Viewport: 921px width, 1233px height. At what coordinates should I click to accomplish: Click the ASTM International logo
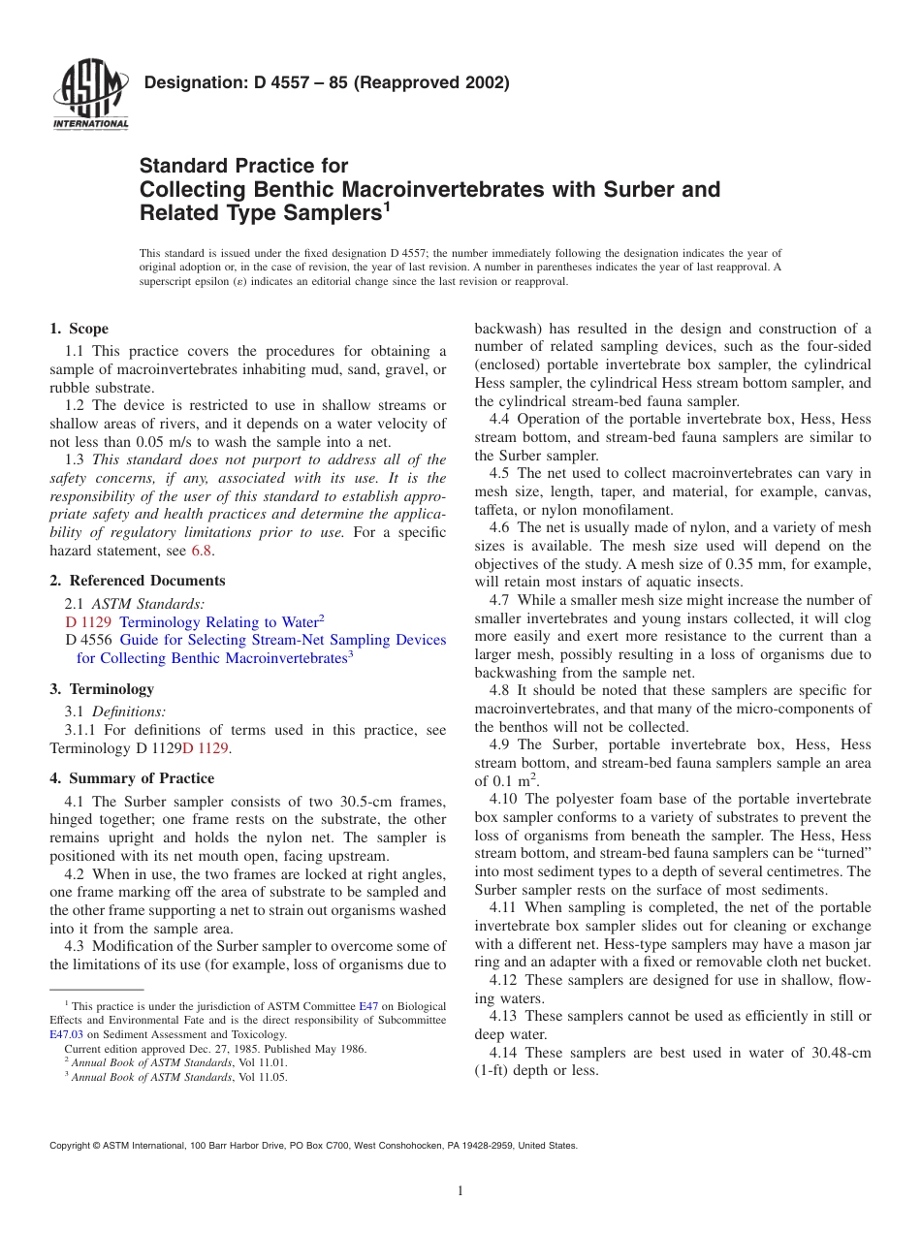[x=90, y=96]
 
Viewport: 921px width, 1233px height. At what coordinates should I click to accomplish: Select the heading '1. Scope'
[x=79, y=329]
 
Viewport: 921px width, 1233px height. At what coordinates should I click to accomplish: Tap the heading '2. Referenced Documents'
[x=138, y=581]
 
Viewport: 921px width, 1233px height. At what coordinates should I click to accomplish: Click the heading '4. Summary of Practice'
[x=132, y=778]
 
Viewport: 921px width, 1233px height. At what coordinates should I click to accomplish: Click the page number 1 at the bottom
[x=460, y=1191]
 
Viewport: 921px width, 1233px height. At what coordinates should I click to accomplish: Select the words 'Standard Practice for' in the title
[x=243, y=166]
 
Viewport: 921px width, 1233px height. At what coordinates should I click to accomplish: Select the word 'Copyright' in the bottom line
[x=70, y=1145]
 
